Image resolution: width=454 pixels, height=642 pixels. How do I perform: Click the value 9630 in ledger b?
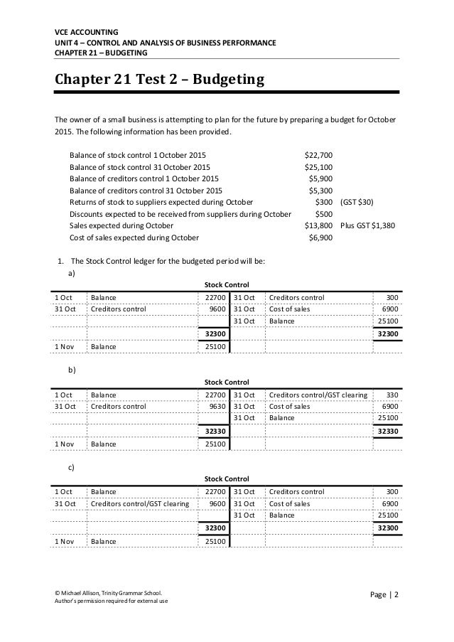tap(214, 407)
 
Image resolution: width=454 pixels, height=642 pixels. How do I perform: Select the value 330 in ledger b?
tap(390, 395)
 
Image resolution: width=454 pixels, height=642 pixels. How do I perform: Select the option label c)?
tap(70, 466)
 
